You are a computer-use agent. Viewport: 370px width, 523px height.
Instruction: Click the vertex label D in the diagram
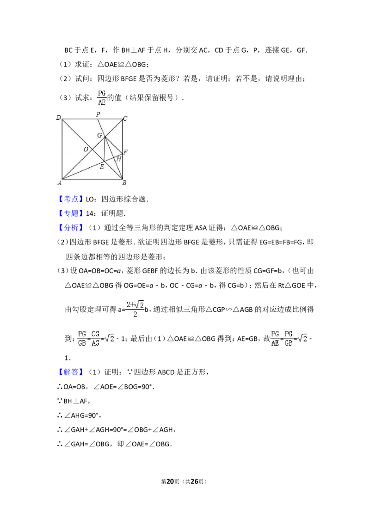59,117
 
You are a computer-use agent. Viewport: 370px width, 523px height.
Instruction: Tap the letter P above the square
98,114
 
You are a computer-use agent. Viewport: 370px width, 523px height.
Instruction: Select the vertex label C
125,119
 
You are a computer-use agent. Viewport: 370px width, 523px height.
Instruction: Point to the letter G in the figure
99,135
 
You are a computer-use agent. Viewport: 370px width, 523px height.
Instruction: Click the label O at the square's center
86,149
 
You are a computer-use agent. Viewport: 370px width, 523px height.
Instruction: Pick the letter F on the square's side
125,152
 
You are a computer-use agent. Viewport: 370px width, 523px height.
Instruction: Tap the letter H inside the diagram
119,159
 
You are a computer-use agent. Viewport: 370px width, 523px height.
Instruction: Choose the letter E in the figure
102,166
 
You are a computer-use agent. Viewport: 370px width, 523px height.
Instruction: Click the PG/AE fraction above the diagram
102,98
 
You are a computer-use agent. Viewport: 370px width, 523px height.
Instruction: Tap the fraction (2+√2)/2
135,310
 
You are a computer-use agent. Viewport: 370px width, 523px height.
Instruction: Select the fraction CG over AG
95,338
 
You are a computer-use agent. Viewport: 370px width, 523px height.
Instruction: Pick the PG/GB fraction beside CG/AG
82,338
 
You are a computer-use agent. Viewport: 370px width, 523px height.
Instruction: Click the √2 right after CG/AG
109,338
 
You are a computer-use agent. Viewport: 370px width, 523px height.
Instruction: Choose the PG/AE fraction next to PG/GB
275,338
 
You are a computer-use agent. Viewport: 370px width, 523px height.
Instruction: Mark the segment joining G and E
104,150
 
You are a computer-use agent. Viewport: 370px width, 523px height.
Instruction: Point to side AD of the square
62,149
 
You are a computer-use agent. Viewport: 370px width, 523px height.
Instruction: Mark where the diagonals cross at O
92,149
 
